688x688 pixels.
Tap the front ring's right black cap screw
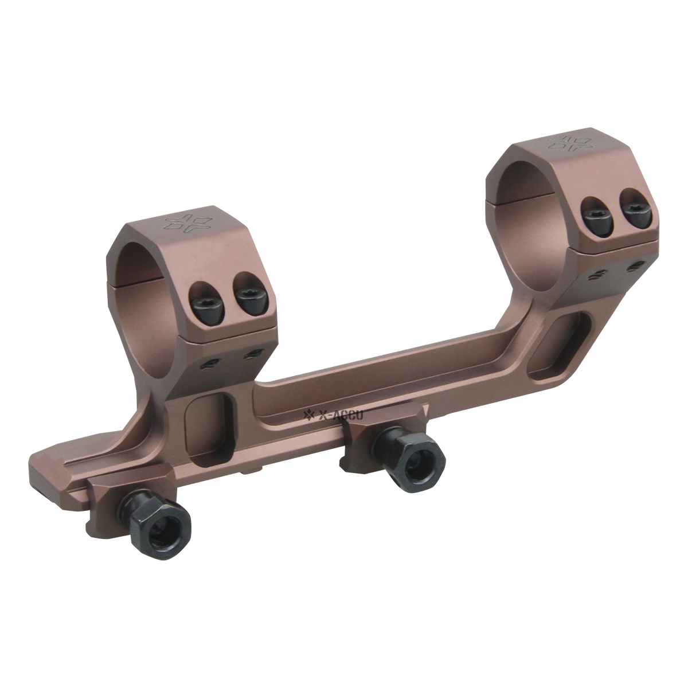pos(247,299)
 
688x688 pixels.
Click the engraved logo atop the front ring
pos(179,224)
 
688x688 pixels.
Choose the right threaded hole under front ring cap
pos(250,354)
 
